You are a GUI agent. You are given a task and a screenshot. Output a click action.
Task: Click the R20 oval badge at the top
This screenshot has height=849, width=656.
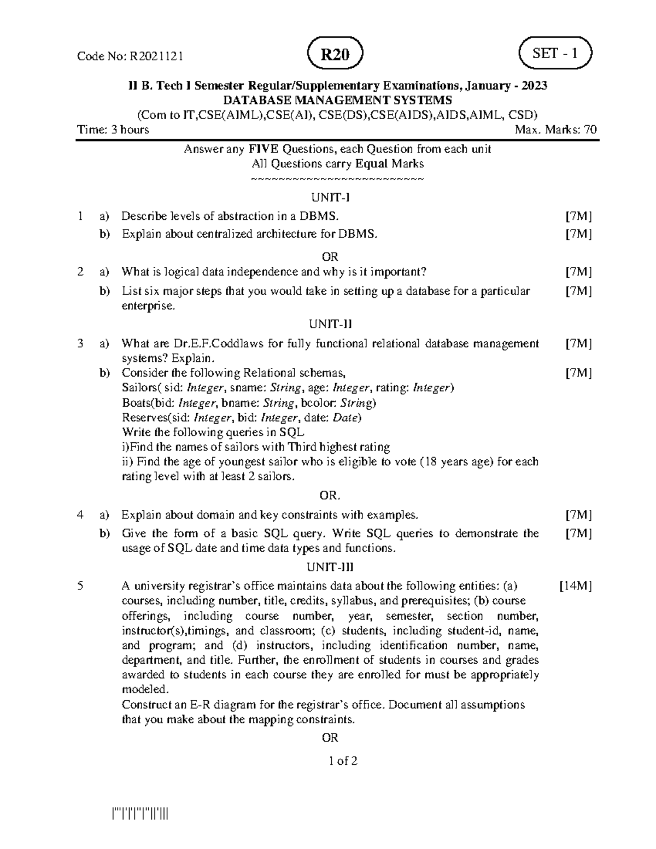coord(335,55)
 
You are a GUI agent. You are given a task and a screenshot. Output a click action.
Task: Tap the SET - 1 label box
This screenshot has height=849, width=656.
coord(554,54)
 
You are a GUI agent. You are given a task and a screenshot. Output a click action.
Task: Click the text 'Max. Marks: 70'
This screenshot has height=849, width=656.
coord(555,130)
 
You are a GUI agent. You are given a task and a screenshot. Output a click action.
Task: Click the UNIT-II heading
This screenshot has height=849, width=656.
coord(330,324)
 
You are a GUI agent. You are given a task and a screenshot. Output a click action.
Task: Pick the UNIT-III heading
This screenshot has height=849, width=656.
coord(330,567)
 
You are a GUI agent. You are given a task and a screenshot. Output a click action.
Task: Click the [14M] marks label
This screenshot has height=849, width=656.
coord(575,586)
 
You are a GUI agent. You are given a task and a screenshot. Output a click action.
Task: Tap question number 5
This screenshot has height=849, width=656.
coord(80,586)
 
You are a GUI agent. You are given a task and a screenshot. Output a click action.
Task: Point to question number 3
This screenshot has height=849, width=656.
coord(80,343)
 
